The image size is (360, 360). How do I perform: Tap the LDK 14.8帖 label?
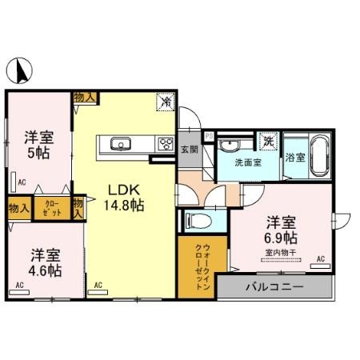[x=125, y=198]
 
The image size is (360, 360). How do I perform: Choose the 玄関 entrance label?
[x=190, y=148]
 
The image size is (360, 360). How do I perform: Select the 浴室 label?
[x=295, y=158]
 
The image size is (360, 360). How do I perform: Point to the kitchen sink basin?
[x=122, y=145]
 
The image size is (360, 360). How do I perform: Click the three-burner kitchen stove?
[x=166, y=145]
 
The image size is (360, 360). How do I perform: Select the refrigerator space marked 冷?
[x=166, y=102]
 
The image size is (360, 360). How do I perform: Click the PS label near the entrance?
[x=210, y=136]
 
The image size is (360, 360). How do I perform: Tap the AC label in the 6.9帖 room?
[x=320, y=259]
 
